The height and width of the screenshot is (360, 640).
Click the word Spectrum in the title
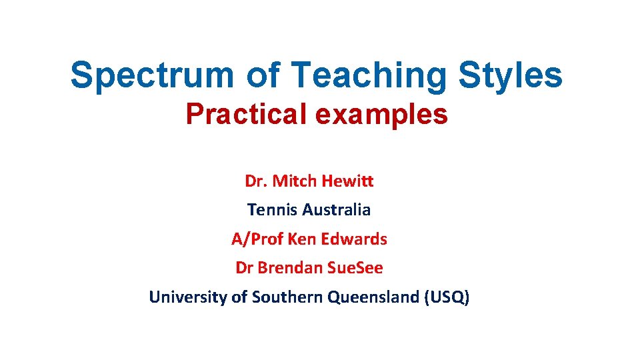pos(152,75)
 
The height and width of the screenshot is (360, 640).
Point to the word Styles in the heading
pos(510,75)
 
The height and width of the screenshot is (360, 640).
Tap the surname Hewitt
pos(348,181)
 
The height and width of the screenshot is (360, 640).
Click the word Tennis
pos(272,210)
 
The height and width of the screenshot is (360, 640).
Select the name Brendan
pos(291,268)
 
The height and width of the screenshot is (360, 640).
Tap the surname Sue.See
pos(355,268)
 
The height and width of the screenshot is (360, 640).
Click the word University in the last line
pos(188,297)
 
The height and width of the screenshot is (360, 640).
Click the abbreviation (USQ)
pos(447,297)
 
